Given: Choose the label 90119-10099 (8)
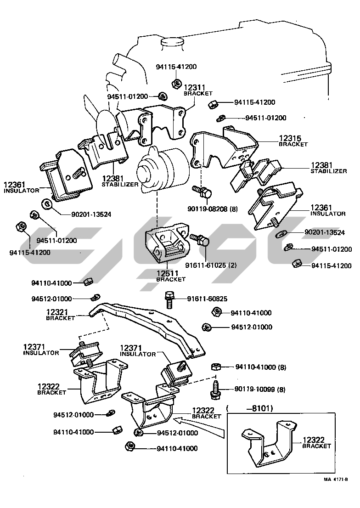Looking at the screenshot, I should click(x=259, y=389).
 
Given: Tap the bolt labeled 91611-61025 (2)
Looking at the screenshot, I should click(x=201, y=239).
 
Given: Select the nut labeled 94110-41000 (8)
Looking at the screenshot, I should click(x=216, y=367).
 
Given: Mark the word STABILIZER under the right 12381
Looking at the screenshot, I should click(x=328, y=171).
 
